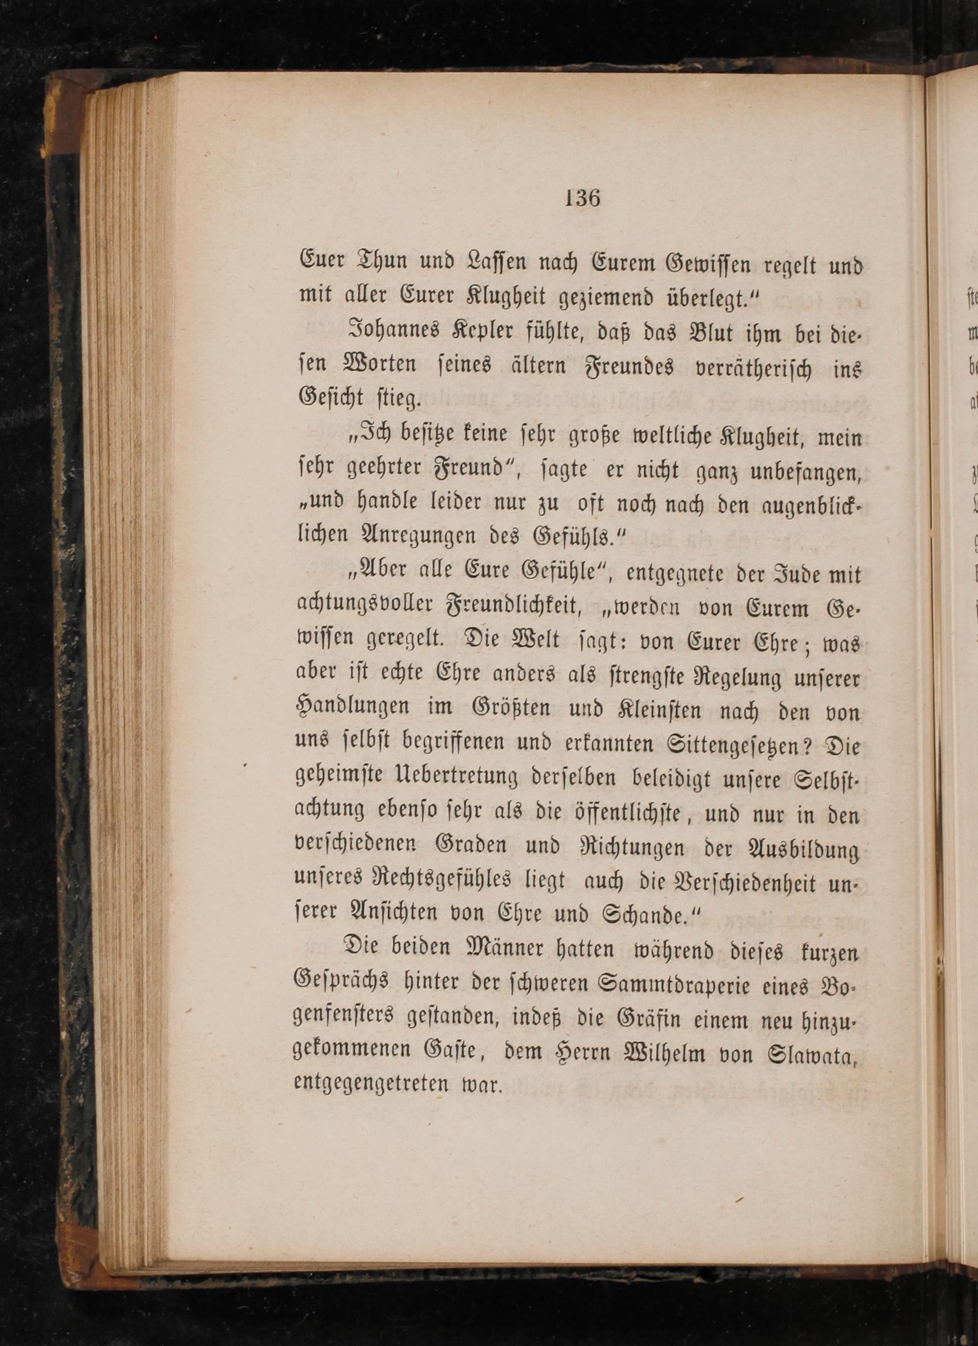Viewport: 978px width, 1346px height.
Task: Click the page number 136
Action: point(582,198)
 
